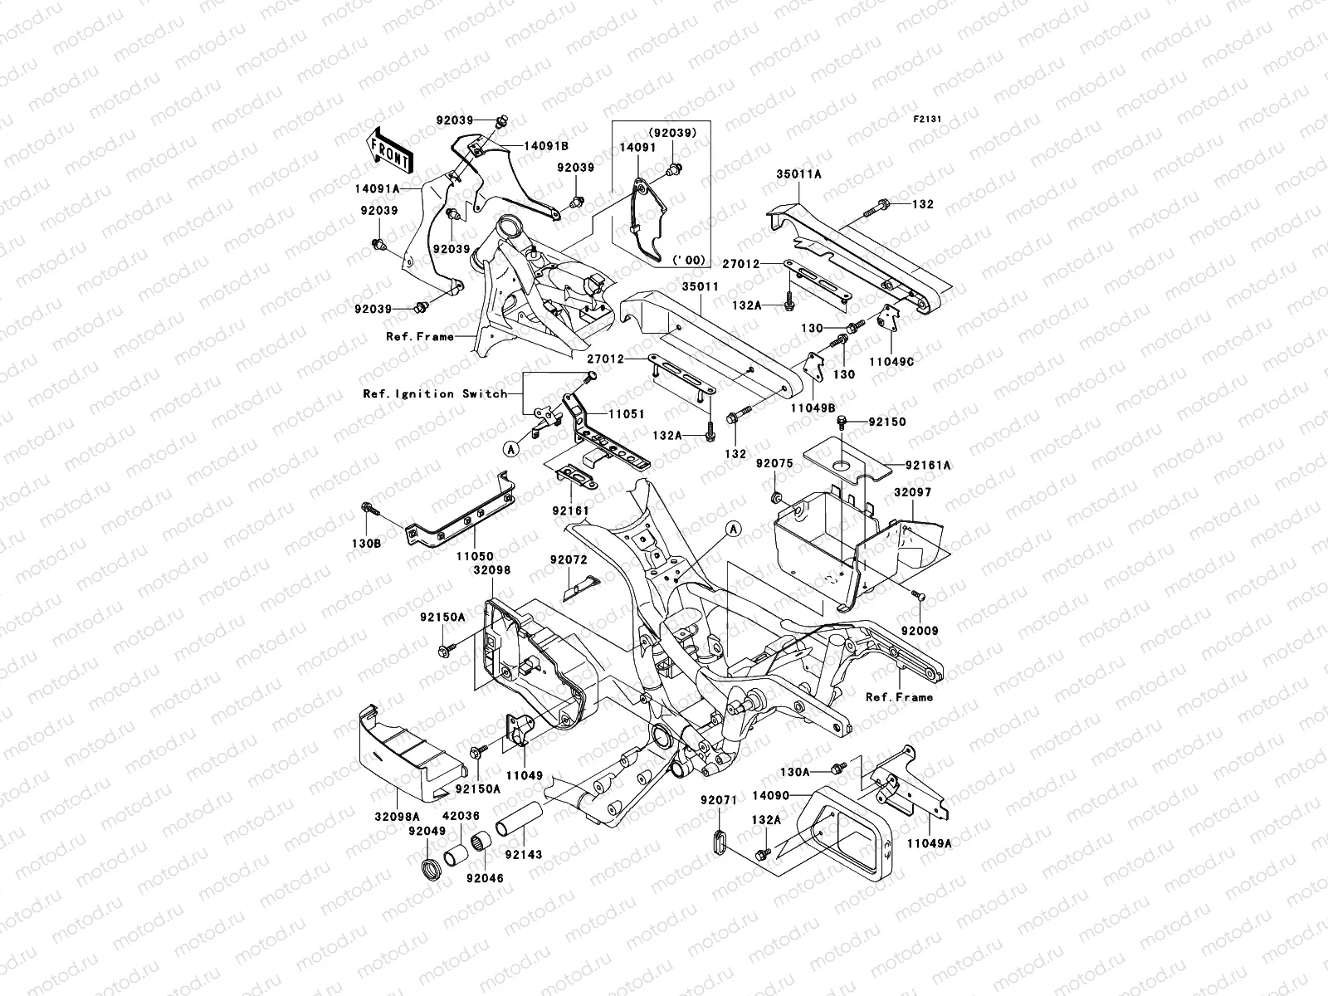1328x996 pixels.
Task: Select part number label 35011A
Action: tap(798, 175)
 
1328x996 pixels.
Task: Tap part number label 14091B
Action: tap(569, 145)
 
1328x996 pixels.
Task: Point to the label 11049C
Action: tap(891, 362)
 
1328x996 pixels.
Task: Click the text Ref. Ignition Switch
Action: tap(434, 393)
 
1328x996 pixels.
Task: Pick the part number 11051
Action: tap(627, 413)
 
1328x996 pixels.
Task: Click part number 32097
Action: tap(912, 492)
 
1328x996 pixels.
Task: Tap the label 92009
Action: tap(920, 631)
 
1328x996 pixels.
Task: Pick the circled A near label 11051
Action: tap(512, 448)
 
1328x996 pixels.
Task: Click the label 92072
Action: tap(567, 560)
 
